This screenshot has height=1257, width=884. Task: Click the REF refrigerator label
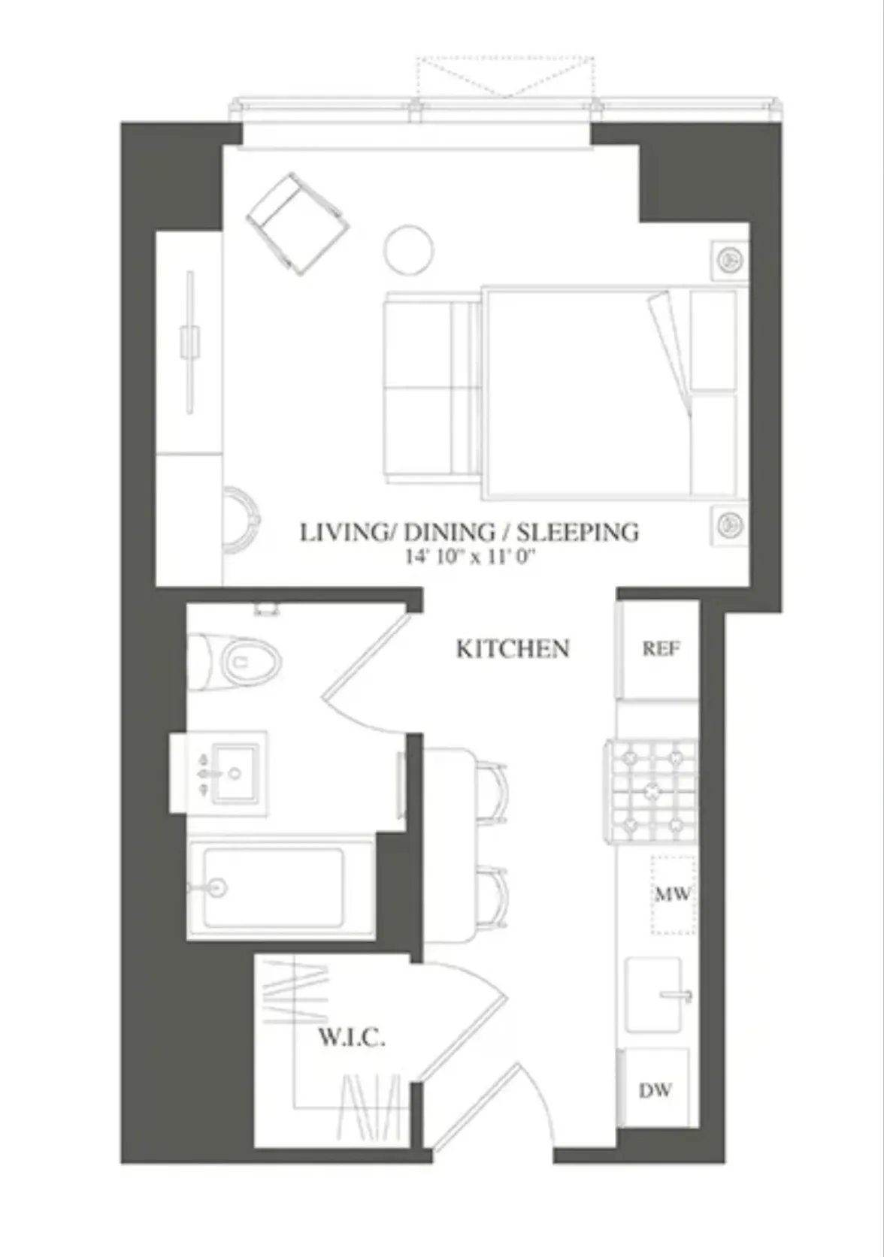tap(661, 648)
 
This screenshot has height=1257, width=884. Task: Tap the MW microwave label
tap(672, 894)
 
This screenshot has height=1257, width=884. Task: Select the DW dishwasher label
tap(655, 1090)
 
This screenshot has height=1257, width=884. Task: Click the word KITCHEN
tap(513, 648)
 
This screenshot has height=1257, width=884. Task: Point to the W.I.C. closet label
tap(352, 1039)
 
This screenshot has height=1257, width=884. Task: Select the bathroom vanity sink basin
tap(235, 773)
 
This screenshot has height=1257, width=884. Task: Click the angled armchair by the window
tap(298, 223)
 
